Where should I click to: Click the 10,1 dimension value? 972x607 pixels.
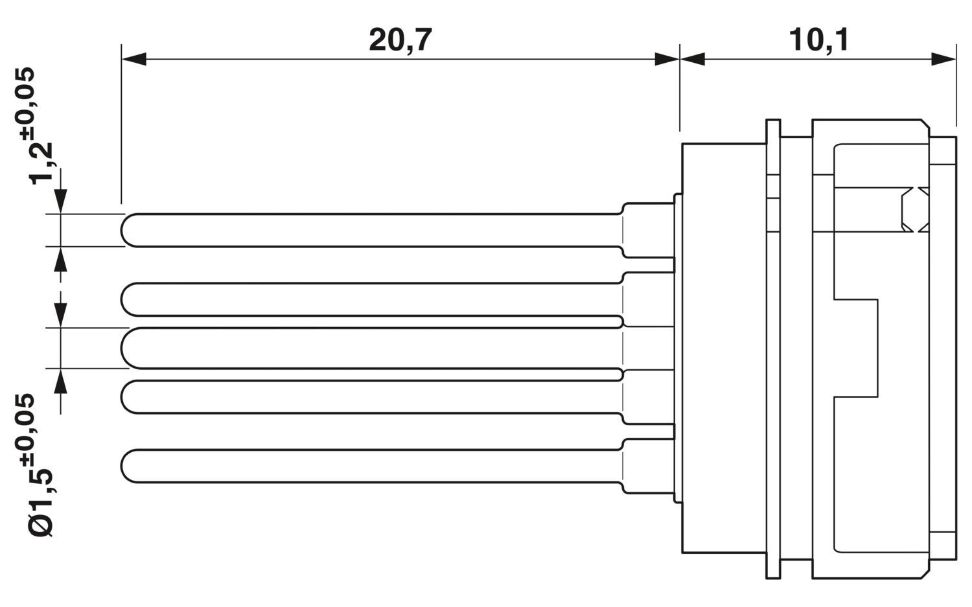tap(818, 40)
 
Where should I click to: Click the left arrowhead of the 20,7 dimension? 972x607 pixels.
tap(134, 59)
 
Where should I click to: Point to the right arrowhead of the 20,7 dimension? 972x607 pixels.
tap(667, 59)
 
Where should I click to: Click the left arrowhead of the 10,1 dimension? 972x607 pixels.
tap(693, 59)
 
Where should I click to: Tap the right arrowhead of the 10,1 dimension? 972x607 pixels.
tap(943, 59)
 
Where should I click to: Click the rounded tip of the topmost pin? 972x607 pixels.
tap(122, 231)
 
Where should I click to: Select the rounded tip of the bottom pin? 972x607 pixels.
tap(122, 466)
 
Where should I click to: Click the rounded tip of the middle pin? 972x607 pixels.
tap(122, 348)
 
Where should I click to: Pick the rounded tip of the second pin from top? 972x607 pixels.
tap(122, 299)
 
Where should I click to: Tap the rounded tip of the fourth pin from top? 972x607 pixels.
tap(122, 397)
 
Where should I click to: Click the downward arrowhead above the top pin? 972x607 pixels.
tap(60, 201)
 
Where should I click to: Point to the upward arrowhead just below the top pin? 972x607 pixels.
tap(60, 259)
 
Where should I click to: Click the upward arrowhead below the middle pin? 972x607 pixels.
tap(60, 381)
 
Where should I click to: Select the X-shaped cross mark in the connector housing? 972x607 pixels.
tap(916, 209)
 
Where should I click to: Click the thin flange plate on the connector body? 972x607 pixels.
tap(773, 349)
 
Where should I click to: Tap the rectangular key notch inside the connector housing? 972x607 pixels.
tap(856, 348)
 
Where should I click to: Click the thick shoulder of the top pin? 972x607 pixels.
tap(648, 230)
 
